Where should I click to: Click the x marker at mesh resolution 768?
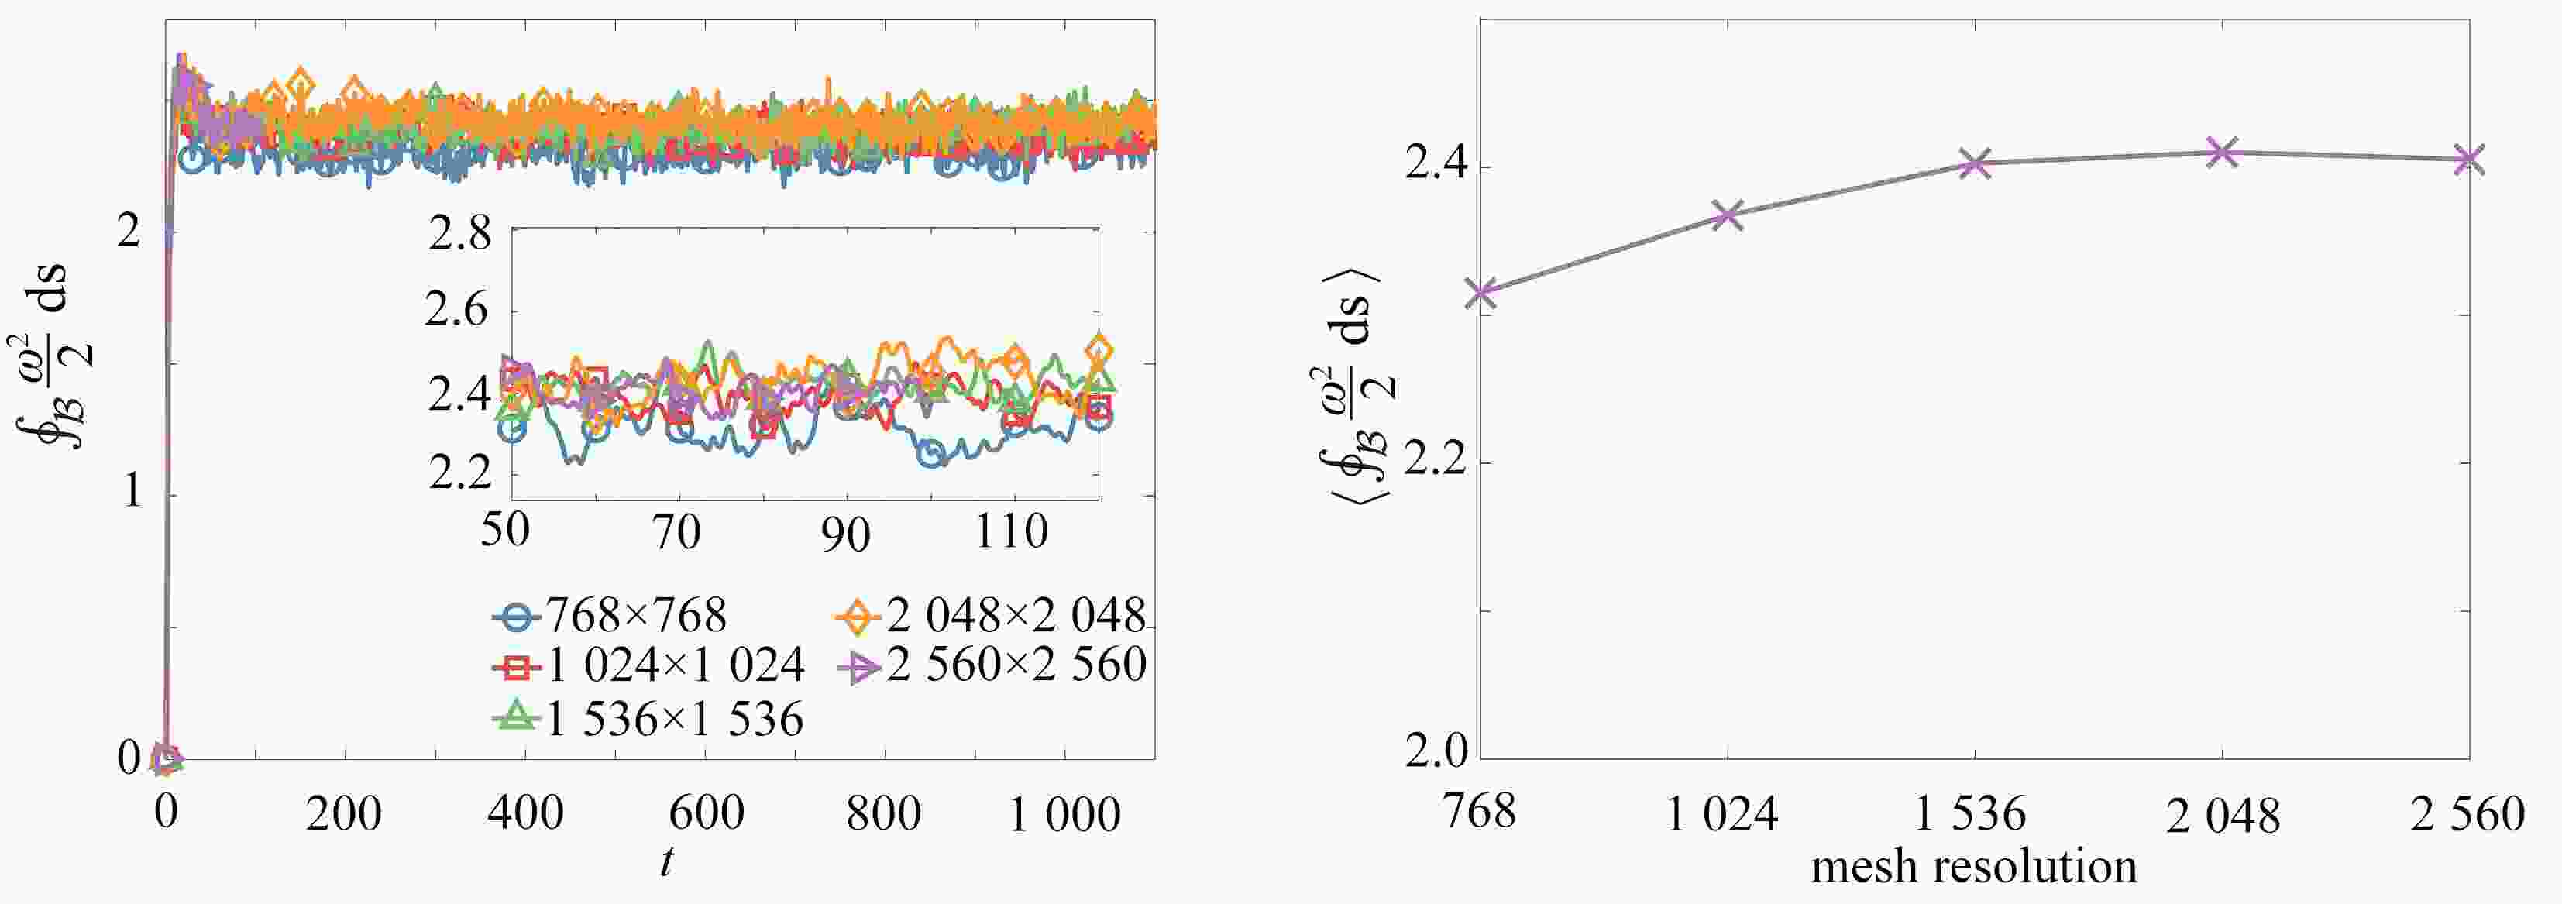tap(1482, 292)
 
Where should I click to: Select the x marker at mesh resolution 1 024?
tap(1728, 214)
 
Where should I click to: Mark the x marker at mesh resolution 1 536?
tap(1976, 163)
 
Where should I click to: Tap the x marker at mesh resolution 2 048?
tap(2222, 152)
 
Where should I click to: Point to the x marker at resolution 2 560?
tap(2468, 159)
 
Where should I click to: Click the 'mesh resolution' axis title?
tap(1973, 867)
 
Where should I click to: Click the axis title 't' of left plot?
tap(665, 861)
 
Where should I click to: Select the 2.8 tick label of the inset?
tap(459, 235)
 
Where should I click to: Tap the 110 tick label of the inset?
tap(1012, 532)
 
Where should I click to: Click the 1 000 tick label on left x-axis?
tap(1064, 814)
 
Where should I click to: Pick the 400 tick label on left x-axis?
tap(525, 814)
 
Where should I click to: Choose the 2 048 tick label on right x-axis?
tap(2223, 816)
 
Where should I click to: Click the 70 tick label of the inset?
tap(677, 532)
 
